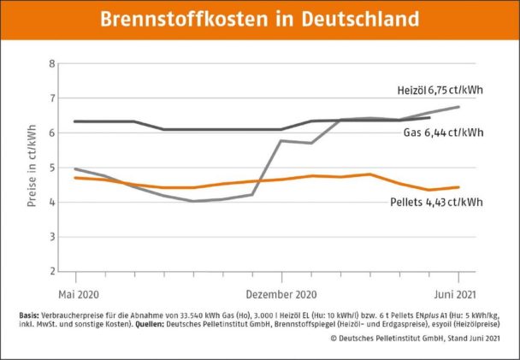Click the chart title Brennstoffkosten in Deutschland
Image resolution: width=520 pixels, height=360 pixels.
click(259, 19)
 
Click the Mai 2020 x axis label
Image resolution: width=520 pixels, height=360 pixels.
click(75, 292)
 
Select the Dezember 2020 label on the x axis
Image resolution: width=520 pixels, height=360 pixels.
click(281, 292)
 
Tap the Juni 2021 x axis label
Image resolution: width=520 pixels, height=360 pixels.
click(459, 292)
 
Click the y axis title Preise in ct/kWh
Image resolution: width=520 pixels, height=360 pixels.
click(32, 168)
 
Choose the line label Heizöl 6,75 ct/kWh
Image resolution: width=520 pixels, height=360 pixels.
click(441, 90)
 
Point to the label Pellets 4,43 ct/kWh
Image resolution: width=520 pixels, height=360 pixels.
click(435, 202)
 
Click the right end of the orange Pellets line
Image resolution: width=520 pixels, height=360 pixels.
click(460, 187)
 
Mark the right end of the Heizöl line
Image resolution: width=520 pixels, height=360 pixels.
click(460, 107)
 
